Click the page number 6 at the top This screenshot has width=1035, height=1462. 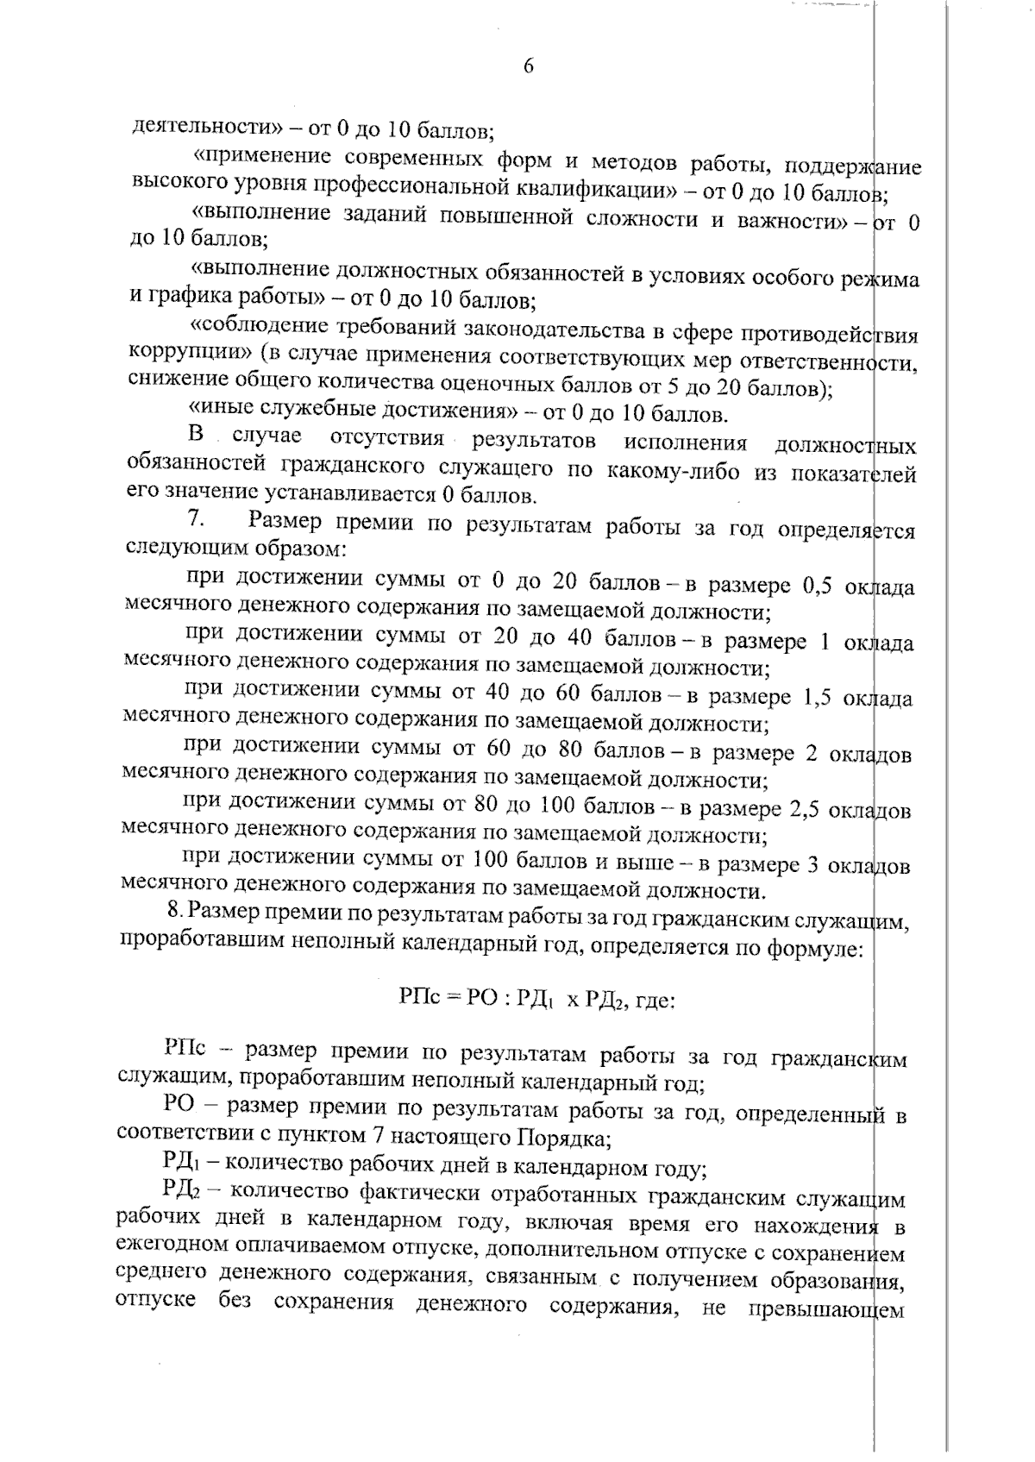tap(528, 67)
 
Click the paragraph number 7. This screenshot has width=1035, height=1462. tap(195, 521)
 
